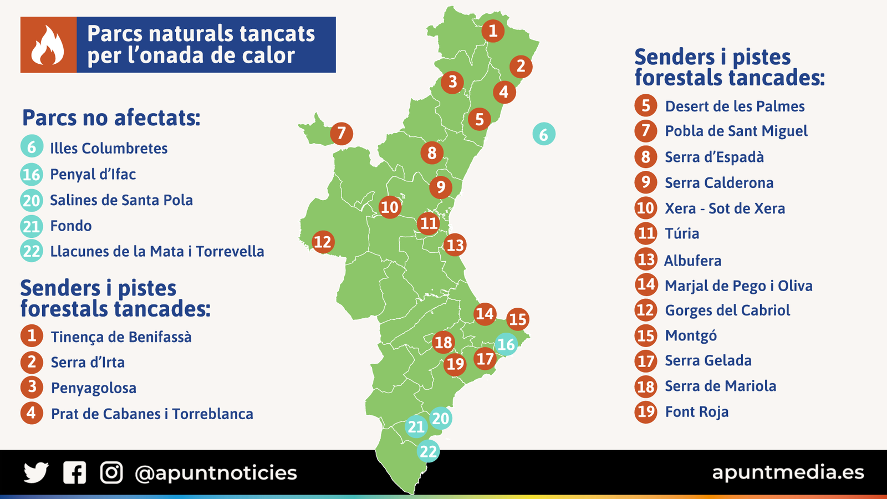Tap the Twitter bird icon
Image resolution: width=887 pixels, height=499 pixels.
click(x=36, y=473)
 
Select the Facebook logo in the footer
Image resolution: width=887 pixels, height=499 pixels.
click(x=74, y=473)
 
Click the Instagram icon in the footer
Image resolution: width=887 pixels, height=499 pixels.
click(x=111, y=473)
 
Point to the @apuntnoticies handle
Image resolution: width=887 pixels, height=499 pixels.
click(x=216, y=473)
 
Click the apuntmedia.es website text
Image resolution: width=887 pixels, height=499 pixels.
click(x=788, y=472)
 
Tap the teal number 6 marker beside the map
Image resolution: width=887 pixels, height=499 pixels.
click(x=544, y=134)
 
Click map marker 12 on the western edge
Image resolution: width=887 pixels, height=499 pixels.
click(x=322, y=242)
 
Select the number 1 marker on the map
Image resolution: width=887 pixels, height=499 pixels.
click(x=493, y=30)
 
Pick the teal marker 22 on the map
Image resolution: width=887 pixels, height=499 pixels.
click(x=428, y=451)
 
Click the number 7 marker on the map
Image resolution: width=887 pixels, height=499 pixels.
click(x=341, y=134)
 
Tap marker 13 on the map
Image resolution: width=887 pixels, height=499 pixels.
click(x=455, y=245)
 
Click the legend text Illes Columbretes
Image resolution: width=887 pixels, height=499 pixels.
click(x=109, y=148)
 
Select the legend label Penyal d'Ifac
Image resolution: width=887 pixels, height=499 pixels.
click(x=93, y=174)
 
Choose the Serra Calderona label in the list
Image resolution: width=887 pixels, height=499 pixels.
click(x=719, y=183)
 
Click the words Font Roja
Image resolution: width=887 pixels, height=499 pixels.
click(x=696, y=412)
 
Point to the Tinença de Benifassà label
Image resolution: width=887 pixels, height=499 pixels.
click(x=121, y=337)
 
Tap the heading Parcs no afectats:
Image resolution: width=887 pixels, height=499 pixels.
click(x=111, y=118)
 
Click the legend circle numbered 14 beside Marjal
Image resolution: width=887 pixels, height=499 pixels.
click(x=646, y=284)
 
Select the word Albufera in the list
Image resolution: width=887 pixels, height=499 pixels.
click(x=693, y=261)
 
